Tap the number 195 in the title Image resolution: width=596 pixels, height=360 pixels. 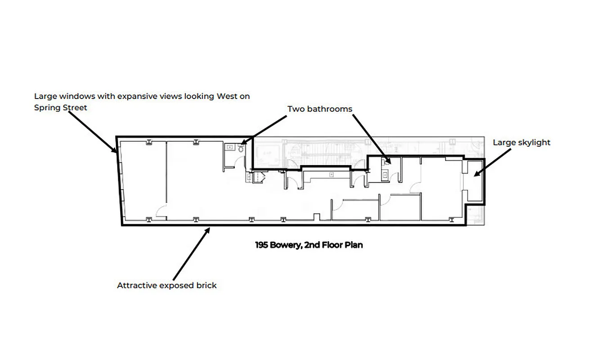pos(262,245)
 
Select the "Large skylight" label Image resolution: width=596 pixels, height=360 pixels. pos(521,143)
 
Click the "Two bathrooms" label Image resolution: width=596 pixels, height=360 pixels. pos(320,109)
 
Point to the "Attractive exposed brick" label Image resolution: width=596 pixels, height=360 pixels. pos(167,285)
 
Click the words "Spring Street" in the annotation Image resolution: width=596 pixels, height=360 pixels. pos(61,108)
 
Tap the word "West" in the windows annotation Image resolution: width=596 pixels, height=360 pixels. pos(227,96)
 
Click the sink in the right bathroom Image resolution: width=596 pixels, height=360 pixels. pos(385,175)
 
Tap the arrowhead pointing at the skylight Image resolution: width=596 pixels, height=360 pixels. pos(475,173)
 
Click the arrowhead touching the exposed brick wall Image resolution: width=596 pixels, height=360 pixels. pos(208,230)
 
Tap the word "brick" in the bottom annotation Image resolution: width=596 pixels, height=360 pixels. pos(206,285)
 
